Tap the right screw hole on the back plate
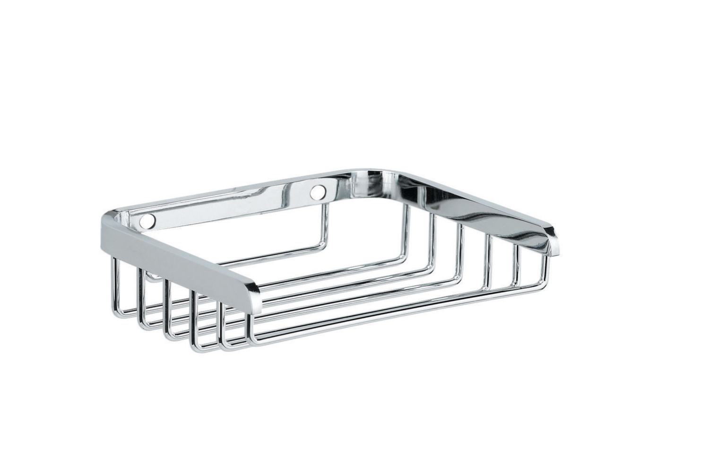point(320,192)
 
